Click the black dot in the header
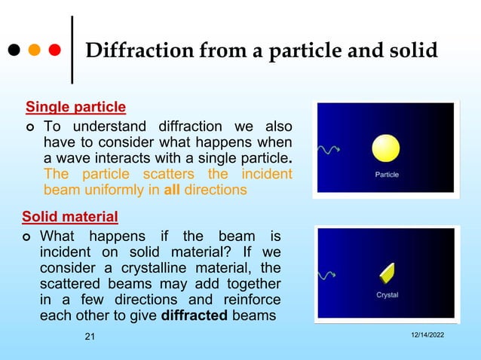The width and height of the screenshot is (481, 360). coord(14,51)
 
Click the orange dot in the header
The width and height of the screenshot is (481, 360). coord(34,51)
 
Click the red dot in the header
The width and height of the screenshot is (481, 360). coord(54,51)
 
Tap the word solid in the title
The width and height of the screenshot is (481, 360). coord(412,50)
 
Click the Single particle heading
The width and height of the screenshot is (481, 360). coord(75,106)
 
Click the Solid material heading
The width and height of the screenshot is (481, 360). coord(69,218)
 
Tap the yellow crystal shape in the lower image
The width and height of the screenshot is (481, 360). coord(388,271)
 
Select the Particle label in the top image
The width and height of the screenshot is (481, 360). coord(387,175)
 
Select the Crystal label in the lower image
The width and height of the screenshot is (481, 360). coord(388,294)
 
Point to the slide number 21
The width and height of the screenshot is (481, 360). coord(90,337)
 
